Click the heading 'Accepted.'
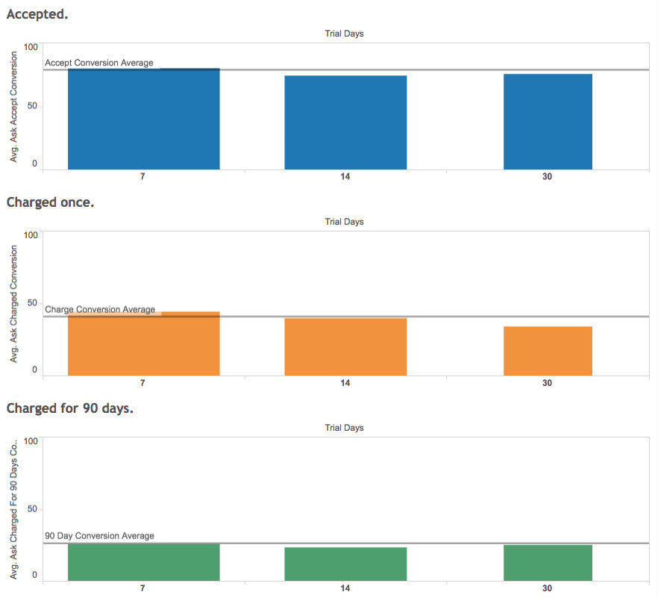[x=37, y=13]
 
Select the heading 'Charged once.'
[x=50, y=202]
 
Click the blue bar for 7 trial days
[x=143, y=119]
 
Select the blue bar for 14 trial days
[x=345, y=123]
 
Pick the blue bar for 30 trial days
[x=548, y=122]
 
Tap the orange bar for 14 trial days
[x=345, y=347]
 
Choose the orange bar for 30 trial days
[x=548, y=351]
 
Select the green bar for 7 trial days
[x=143, y=562]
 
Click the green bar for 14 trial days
[x=345, y=564]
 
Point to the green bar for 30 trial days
[x=548, y=563]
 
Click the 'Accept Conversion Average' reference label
[x=99, y=63]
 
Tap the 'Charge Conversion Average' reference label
[x=100, y=309]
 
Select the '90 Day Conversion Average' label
[x=99, y=536]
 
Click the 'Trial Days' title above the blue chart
[x=344, y=34]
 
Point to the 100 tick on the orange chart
[x=31, y=234]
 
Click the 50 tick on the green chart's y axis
[x=32, y=509]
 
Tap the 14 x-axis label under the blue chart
[x=345, y=177]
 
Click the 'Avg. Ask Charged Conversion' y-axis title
[x=13, y=305]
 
